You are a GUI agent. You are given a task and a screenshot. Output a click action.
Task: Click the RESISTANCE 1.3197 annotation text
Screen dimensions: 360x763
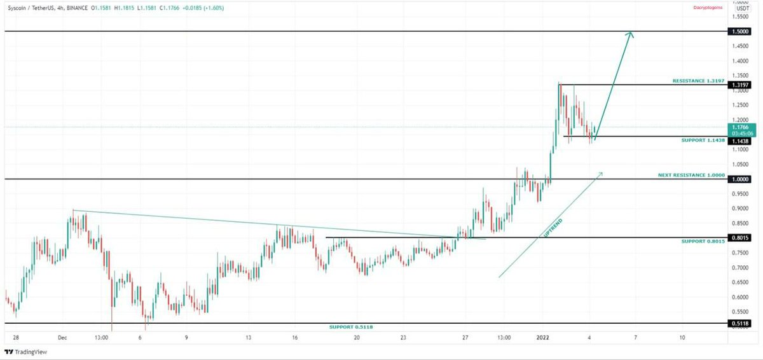[699, 81]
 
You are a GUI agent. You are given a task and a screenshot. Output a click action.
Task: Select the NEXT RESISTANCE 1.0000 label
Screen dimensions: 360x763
[691, 174]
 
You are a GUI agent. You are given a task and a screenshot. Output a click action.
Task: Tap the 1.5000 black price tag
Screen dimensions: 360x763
[739, 31]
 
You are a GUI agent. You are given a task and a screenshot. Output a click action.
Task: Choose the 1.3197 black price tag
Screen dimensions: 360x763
[739, 85]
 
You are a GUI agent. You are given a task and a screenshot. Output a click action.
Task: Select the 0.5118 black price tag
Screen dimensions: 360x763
[739, 324]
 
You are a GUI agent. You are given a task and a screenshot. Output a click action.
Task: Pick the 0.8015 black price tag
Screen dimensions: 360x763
[739, 238]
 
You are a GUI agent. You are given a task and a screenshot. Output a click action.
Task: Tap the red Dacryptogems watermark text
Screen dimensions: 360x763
[708, 8]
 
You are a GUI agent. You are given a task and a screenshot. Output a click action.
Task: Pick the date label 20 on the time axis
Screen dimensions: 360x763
[357, 337]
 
